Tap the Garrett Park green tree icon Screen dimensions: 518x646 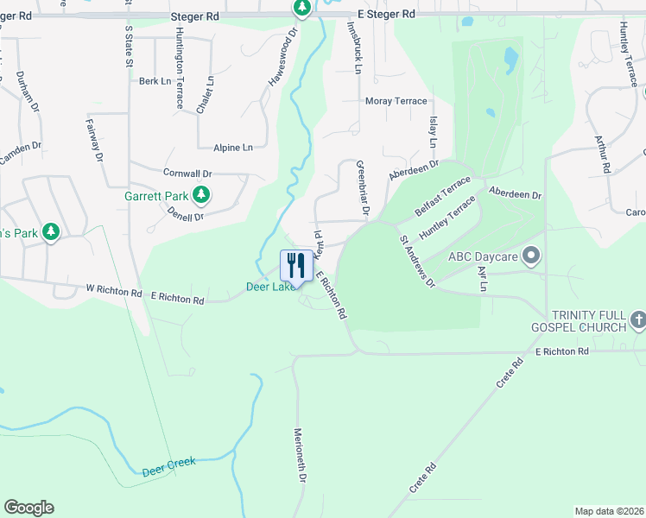pyautogui.click(x=201, y=195)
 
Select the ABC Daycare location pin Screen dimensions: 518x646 pyautogui.click(x=532, y=256)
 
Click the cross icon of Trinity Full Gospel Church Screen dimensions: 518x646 pyautogui.click(x=638, y=321)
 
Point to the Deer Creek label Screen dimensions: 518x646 pyautogui.click(x=169, y=466)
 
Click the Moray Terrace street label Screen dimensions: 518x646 pyautogui.click(x=396, y=101)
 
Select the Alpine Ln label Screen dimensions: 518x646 pyautogui.click(x=234, y=148)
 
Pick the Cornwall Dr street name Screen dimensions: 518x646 pyautogui.click(x=187, y=173)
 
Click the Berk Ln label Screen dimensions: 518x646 pyautogui.click(x=155, y=81)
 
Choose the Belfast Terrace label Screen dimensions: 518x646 pyautogui.click(x=443, y=197)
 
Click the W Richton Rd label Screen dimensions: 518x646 pyautogui.click(x=113, y=292)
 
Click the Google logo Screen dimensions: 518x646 pyautogui.click(x=28, y=508)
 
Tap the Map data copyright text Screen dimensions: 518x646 pyautogui.click(x=609, y=510)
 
